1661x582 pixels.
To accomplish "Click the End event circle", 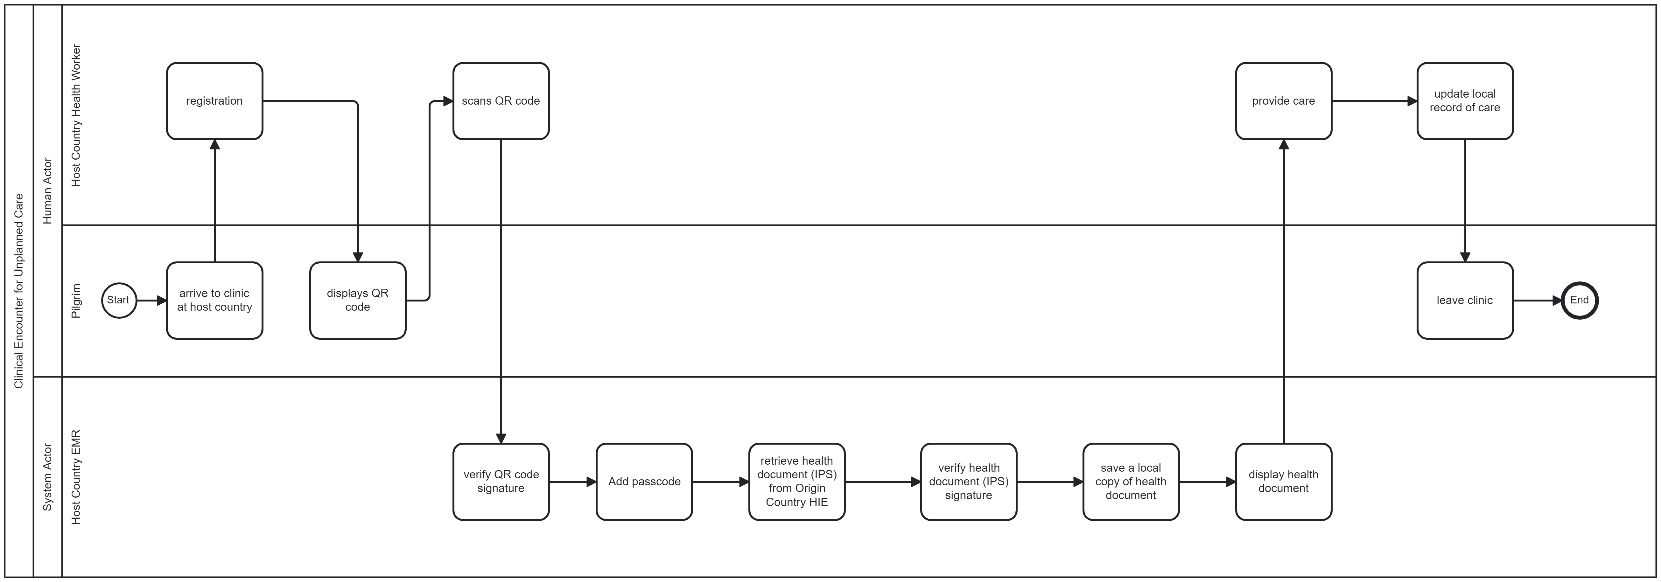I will [x=1579, y=300].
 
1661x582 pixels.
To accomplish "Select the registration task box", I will [x=215, y=101].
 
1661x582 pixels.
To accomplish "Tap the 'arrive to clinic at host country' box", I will [x=215, y=300].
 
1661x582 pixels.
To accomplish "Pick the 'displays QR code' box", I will [x=358, y=300].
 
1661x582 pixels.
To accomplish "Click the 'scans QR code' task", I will [x=501, y=101].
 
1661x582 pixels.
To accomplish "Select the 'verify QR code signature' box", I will [x=501, y=482].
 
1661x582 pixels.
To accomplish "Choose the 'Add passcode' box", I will [x=644, y=482].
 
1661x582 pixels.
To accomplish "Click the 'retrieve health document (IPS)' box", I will [x=797, y=482].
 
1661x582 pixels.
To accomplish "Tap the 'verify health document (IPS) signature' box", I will [x=969, y=482].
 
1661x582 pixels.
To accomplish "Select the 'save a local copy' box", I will [x=1131, y=482].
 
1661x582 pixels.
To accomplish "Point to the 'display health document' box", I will [x=1284, y=482].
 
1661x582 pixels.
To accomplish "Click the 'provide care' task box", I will [x=1284, y=101].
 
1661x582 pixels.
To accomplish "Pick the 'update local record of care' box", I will [x=1465, y=101].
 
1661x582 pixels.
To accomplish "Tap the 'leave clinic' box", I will [x=1465, y=300].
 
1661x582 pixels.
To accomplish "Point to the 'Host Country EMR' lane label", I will [x=76, y=477].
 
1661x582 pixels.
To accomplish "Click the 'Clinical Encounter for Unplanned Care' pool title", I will [x=19, y=291].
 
